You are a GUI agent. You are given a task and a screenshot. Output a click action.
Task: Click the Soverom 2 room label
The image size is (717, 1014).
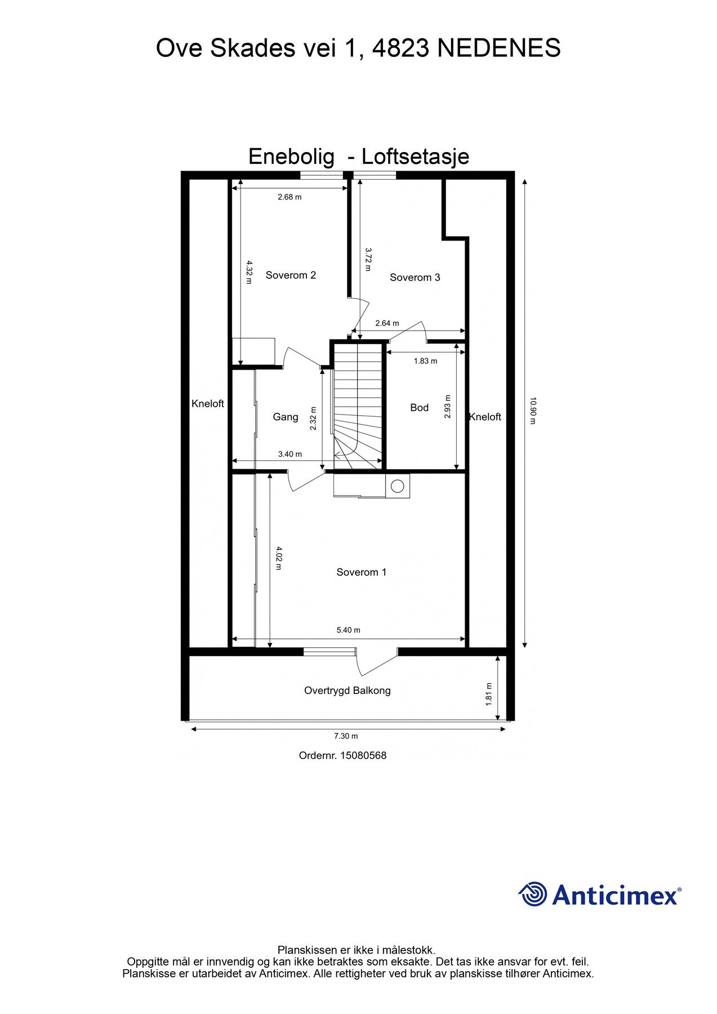291,275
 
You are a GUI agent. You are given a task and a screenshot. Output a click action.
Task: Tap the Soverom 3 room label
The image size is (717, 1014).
415,277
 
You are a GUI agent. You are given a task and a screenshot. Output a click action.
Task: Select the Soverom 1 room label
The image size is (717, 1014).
361,572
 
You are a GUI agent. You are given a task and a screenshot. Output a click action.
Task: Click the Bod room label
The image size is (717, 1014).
419,407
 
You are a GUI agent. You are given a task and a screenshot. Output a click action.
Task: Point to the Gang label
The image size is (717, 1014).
285,417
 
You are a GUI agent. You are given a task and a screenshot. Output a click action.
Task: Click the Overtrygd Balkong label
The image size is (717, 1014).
347,690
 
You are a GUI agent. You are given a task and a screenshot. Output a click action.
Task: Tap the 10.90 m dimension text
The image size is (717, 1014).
533,411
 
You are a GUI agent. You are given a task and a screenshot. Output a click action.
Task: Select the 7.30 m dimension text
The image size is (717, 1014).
346,736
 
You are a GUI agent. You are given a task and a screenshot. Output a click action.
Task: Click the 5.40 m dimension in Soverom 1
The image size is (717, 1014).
348,630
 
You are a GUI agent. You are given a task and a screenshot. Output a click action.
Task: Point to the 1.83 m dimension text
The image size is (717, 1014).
425,361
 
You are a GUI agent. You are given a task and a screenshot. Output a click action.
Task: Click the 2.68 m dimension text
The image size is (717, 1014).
290,197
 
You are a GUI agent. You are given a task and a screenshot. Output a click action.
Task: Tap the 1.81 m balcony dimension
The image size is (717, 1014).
489,693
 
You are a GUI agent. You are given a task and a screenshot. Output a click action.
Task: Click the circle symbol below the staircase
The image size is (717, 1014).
398,486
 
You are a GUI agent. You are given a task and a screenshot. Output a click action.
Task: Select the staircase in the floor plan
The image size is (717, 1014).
357,406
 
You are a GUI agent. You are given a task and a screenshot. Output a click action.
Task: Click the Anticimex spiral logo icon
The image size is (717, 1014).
533,894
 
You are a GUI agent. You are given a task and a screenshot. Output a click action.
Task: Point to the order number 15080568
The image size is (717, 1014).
363,755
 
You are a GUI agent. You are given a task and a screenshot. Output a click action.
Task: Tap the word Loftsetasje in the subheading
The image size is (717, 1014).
415,156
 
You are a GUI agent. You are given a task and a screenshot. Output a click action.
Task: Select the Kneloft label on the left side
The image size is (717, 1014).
207,403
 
